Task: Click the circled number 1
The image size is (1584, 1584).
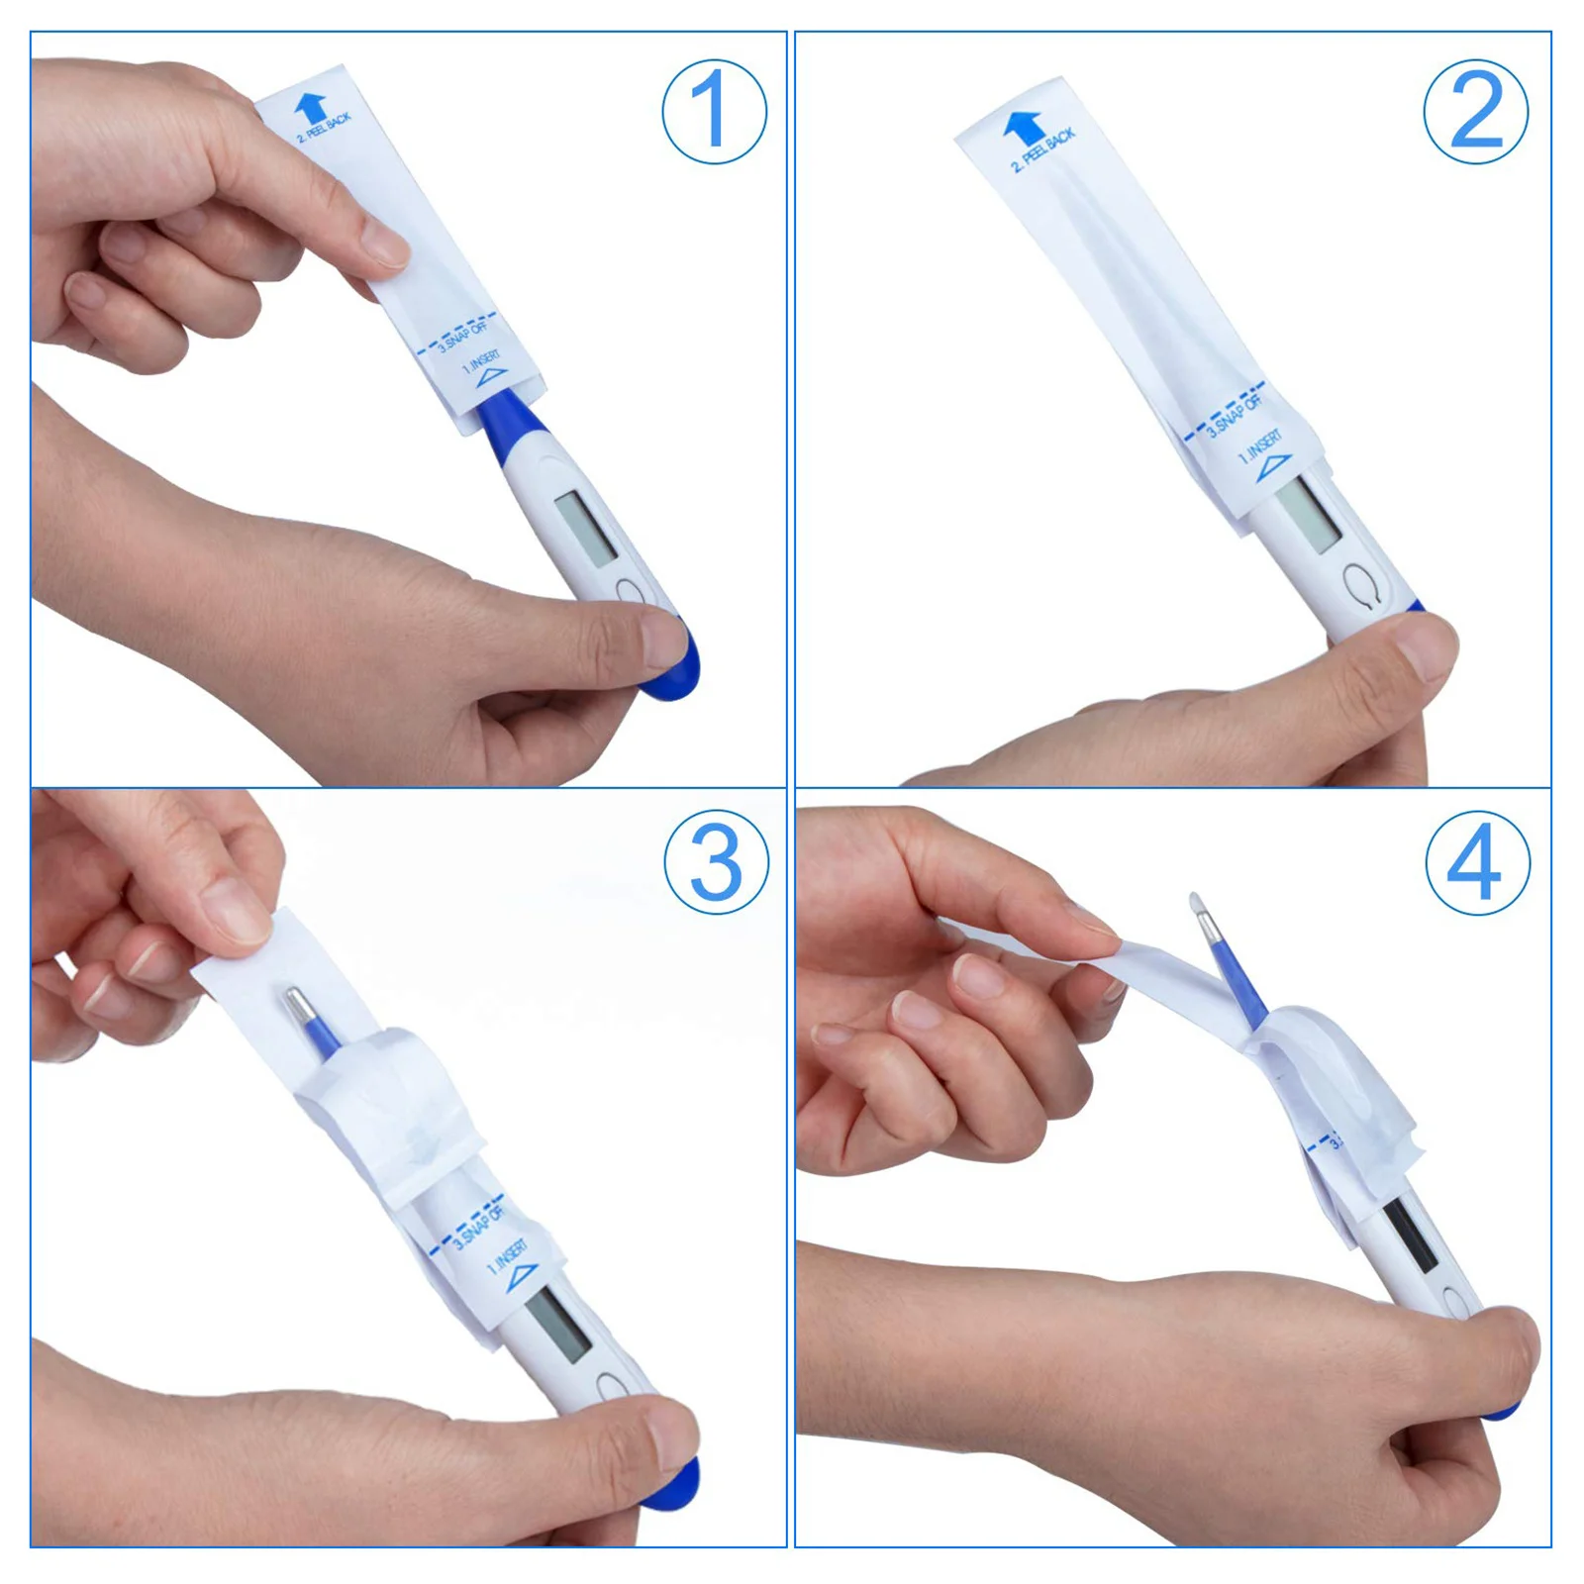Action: pos(714,111)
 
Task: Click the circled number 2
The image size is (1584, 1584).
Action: pos(1475,111)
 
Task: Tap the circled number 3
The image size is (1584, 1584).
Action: pos(716,861)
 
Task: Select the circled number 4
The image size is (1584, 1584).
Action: pos(1476,862)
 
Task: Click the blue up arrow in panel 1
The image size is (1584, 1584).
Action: pos(310,107)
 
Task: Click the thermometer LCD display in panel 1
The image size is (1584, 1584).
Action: pos(585,529)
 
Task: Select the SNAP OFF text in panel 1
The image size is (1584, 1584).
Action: pos(464,335)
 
